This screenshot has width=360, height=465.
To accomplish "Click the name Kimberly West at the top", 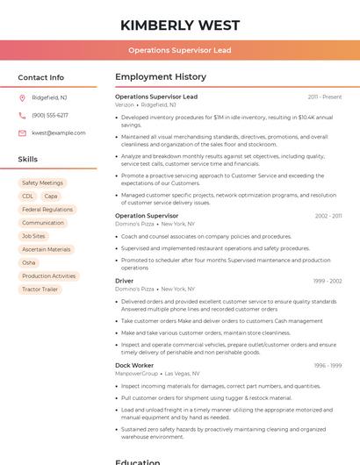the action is (x=180, y=24).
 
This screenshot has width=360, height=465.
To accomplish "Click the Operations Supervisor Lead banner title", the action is (x=180, y=50).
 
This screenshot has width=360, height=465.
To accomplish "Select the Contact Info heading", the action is (x=41, y=77).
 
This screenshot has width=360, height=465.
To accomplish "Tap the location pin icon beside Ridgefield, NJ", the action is (x=22, y=97).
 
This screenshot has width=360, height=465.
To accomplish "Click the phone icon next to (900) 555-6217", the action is (x=22, y=115).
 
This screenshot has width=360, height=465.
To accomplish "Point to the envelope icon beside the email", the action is (x=22, y=133).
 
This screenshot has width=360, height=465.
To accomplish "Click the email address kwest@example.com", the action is (x=58, y=133).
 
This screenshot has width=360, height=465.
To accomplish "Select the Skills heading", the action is (x=28, y=160).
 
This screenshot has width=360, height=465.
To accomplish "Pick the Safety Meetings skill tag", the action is (x=42, y=183).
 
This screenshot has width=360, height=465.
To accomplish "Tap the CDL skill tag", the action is (x=27, y=197).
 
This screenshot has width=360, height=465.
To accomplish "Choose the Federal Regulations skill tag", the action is (x=47, y=210).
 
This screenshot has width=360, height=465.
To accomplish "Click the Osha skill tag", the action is (x=29, y=262).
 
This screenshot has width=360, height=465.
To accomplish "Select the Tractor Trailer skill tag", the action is (x=40, y=289).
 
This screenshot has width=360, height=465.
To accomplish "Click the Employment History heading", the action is (x=161, y=77).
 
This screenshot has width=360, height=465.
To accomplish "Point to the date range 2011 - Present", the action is (x=325, y=97).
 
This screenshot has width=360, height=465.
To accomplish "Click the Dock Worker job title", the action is (x=134, y=365).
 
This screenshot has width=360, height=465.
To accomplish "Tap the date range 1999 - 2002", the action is (x=328, y=281).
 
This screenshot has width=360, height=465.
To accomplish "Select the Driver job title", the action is (x=125, y=281).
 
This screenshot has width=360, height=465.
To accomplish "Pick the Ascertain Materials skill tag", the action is (x=47, y=249).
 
